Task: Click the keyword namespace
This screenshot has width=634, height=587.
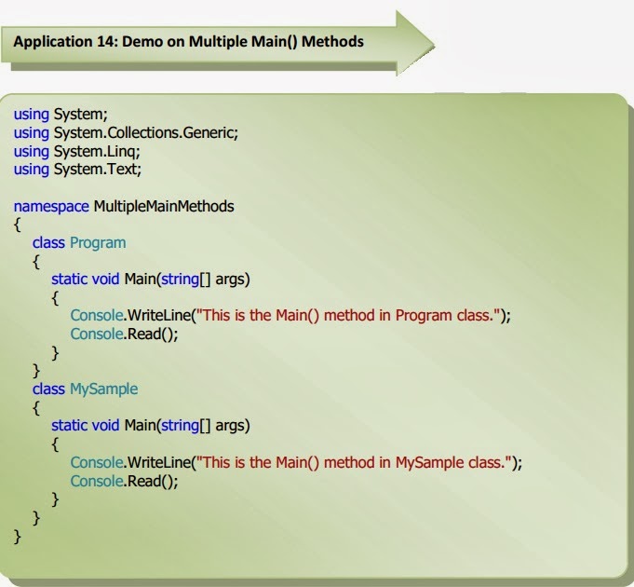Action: point(51,206)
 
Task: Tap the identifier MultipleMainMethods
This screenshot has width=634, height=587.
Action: point(164,206)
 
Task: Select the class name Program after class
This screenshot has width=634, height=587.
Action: point(98,242)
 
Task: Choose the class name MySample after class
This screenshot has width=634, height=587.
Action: point(103,389)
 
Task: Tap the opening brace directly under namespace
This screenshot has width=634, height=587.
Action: point(18,225)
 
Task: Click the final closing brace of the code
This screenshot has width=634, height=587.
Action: point(18,536)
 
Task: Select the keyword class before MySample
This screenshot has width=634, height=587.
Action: point(48,389)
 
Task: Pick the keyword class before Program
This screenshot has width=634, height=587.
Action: point(48,242)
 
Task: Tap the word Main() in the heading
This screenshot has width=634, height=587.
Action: point(273,42)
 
